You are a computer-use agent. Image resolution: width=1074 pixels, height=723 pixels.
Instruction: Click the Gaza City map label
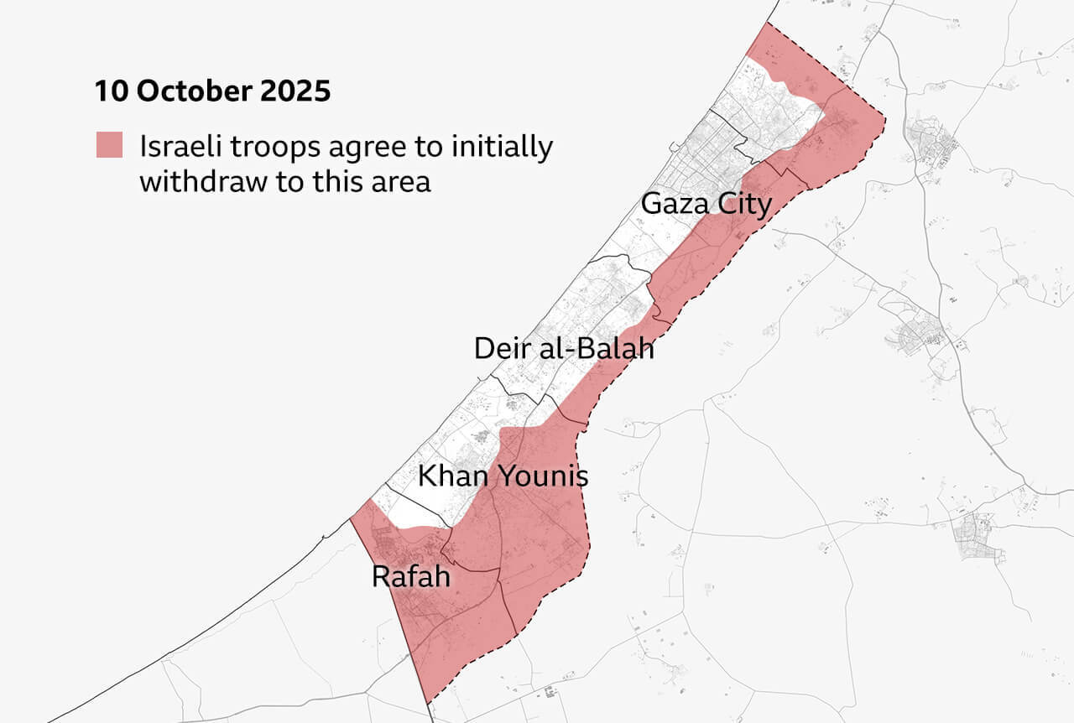point(706,204)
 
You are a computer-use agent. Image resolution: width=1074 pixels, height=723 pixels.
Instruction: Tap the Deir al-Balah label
point(563,348)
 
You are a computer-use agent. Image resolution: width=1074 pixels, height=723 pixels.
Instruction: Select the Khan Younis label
point(503,477)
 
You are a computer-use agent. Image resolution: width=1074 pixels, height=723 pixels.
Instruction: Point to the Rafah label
point(410,577)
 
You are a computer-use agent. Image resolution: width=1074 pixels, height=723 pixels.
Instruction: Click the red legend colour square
point(109,145)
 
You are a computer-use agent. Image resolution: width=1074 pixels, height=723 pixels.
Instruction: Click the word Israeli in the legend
point(178,146)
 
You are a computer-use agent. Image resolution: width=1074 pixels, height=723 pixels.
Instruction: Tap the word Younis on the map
point(543,477)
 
